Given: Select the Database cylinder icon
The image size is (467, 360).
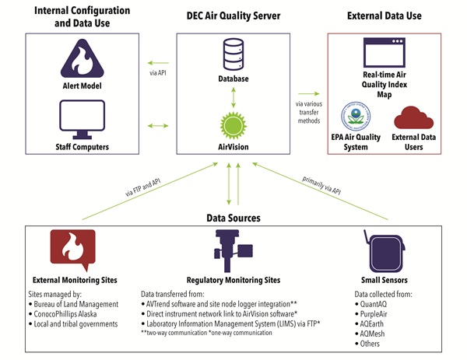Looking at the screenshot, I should (233, 54).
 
